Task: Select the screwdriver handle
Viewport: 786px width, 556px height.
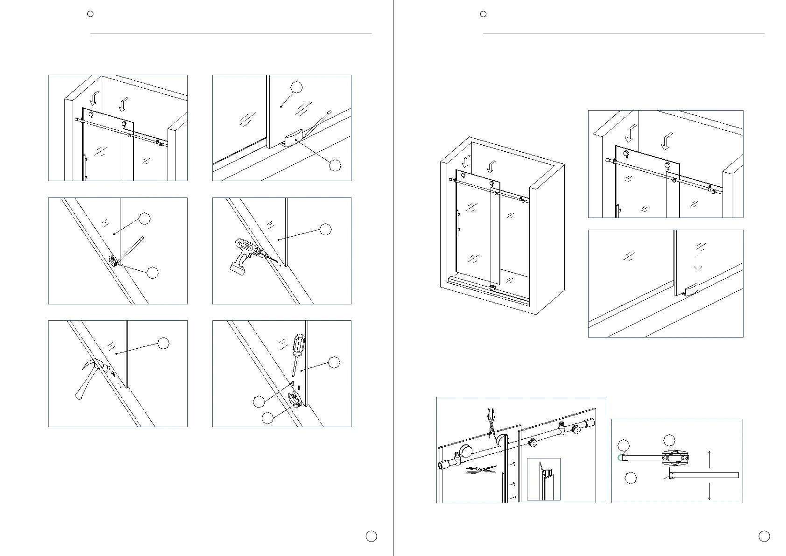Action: click(x=298, y=345)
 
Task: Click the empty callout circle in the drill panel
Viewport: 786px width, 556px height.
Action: click(x=325, y=229)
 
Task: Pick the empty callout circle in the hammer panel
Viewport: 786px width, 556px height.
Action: click(x=163, y=343)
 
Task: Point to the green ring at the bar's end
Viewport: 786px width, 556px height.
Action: click(x=620, y=457)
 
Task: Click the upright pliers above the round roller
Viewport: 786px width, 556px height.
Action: click(x=490, y=423)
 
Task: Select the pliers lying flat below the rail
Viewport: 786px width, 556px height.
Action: click(x=481, y=470)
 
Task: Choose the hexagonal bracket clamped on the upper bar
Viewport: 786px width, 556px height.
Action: click(x=674, y=458)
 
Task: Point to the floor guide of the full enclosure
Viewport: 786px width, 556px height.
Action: click(x=491, y=288)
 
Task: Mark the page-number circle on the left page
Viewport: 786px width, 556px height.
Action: click(x=371, y=536)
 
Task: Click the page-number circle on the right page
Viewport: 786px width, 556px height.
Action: click(x=764, y=536)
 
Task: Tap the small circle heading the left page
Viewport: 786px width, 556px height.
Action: click(x=91, y=14)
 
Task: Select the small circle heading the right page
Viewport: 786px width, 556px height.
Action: click(x=484, y=14)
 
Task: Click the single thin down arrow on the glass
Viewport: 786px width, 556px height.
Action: click(x=698, y=262)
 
